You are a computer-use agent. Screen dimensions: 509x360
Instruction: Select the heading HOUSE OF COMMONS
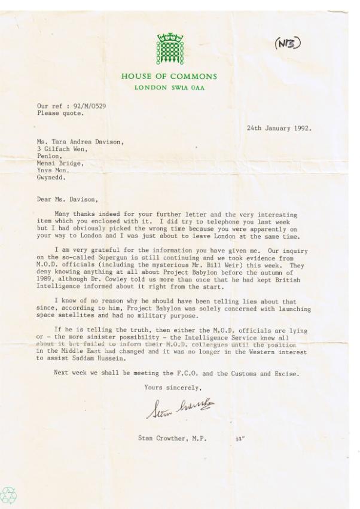(169, 77)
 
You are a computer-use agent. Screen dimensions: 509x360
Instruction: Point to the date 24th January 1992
(279, 128)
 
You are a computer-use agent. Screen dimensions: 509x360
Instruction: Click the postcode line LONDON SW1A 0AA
(169, 88)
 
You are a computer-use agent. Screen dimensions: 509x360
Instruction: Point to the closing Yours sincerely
(169, 387)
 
